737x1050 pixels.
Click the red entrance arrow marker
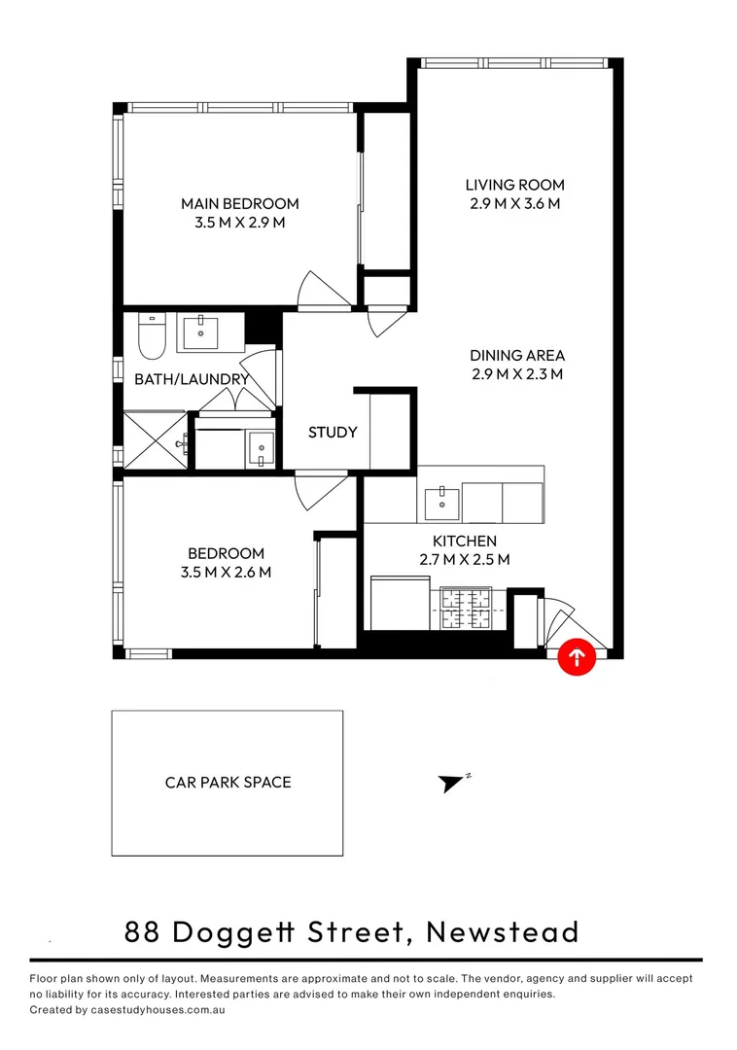(x=577, y=657)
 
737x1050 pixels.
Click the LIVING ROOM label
(x=514, y=185)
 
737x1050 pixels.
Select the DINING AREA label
(x=516, y=356)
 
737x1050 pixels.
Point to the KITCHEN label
(x=464, y=542)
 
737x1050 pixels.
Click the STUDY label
(x=333, y=433)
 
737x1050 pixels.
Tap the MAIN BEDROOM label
(x=239, y=204)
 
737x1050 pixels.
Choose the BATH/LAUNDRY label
(x=192, y=379)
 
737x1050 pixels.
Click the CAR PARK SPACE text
(x=228, y=782)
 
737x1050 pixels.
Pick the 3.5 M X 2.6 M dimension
(x=226, y=573)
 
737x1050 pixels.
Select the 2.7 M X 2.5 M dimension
(x=464, y=559)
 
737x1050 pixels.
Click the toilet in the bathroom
(x=152, y=334)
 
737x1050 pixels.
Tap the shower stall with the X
(x=155, y=440)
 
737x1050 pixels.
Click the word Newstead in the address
(x=503, y=932)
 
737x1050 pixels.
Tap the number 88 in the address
(x=143, y=932)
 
